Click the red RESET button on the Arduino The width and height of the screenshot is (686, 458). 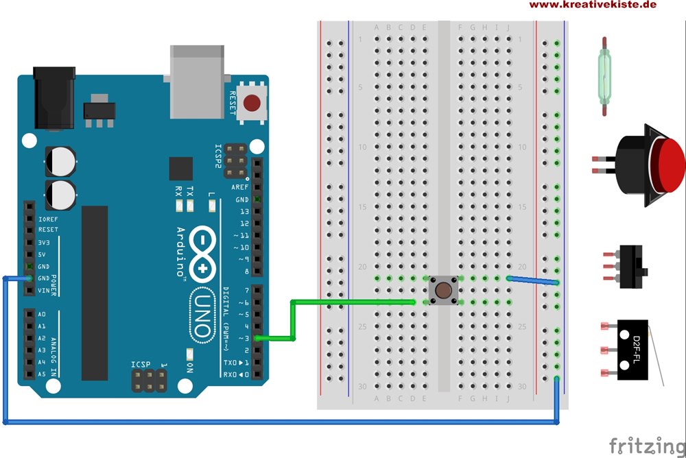[252, 104]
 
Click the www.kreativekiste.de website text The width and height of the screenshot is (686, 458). [593, 5]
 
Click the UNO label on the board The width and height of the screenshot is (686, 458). [202, 315]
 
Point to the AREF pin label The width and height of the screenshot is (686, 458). [240, 187]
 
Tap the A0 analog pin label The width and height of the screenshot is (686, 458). [43, 314]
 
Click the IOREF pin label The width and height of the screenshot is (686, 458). [48, 218]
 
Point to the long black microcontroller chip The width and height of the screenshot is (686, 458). [95, 293]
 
